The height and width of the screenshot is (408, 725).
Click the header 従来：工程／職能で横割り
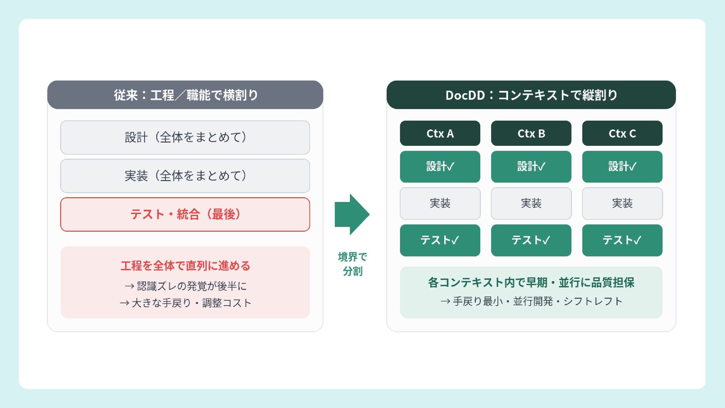pyautogui.click(x=185, y=95)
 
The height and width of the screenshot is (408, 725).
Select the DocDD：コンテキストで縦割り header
pyautogui.click(x=531, y=95)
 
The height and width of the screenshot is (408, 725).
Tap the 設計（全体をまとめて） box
pyautogui.click(x=185, y=138)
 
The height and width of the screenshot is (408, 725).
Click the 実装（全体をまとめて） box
pyautogui.click(x=185, y=176)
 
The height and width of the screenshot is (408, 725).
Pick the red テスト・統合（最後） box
pyautogui.click(x=185, y=215)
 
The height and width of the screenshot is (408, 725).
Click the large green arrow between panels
pyautogui.click(x=352, y=215)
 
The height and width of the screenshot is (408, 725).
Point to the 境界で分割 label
pyautogui.click(x=353, y=264)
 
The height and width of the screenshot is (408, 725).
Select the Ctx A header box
pyautogui.click(x=440, y=133)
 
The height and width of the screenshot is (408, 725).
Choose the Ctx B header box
pyautogui.click(x=531, y=133)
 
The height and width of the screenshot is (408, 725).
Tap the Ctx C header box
pyautogui.click(x=622, y=133)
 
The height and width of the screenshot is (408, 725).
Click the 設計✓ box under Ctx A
pyautogui.click(x=440, y=167)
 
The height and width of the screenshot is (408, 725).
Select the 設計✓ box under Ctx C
pyautogui.click(x=622, y=167)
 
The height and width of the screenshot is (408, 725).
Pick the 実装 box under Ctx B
pyautogui.click(x=531, y=204)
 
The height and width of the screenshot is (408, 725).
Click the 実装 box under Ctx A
pyautogui.click(x=440, y=204)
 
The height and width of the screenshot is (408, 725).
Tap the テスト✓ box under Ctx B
pyautogui.click(x=531, y=240)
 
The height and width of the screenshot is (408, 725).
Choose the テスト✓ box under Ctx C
pyautogui.click(x=622, y=240)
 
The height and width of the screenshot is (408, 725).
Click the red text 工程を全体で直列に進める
pyautogui.click(x=185, y=266)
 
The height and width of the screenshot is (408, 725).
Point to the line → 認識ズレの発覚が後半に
pyautogui.click(x=185, y=286)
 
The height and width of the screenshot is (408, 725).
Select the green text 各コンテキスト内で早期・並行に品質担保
pyautogui.click(x=531, y=283)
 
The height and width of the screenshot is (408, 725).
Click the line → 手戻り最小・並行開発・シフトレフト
pyautogui.click(x=531, y=301)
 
